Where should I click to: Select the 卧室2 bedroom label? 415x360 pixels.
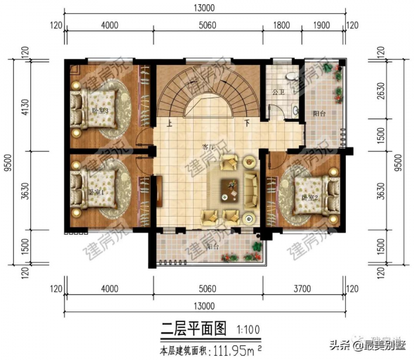click(x=307, y=197)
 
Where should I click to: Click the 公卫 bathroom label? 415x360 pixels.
click(x=279, y=91)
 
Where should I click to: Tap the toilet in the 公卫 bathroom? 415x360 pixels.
click(x=290, y=73)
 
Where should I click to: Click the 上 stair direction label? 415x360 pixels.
click(x=169, y=124)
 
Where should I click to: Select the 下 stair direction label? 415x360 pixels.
click(x=247, y=124)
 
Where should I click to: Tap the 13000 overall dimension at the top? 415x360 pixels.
click(x=205, y=8)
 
